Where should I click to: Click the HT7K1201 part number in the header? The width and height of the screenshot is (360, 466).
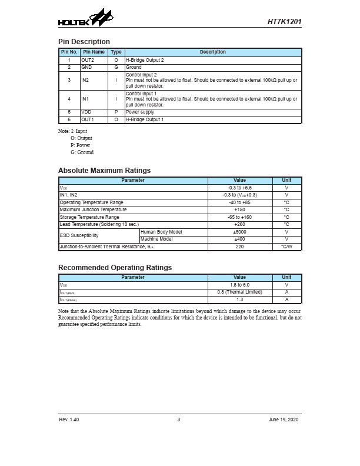click(x=284, y=21)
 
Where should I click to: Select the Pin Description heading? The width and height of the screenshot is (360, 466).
click(x=84, y=42)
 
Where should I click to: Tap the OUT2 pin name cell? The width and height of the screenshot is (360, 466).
click(x=88, y=60)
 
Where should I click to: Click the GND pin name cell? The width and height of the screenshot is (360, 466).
click(x=86, y=68)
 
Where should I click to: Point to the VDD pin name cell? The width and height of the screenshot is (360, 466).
click(x=86, y=112)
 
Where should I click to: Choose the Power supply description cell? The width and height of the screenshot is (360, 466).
click(x=140, y=112)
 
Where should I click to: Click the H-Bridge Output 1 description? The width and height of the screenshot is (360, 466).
click(x=145, y=119)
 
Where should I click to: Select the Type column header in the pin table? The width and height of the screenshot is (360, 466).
click(x=116, y=52)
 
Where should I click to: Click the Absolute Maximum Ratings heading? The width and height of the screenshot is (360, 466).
click(x=104, y=171)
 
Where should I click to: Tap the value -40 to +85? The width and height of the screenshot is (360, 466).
click(x=239, y=202)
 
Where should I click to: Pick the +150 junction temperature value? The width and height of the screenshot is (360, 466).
click(x=239, y=210)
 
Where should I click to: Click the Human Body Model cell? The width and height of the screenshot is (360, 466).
click(x=161, y=232)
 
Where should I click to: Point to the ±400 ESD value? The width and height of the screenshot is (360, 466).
click(x=239, y=239)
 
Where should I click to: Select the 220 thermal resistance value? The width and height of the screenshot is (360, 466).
click(x=239, y=247)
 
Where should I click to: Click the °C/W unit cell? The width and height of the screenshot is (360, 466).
click(x=286, y=247)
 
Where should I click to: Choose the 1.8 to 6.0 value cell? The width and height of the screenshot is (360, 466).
click(x=239, y=285)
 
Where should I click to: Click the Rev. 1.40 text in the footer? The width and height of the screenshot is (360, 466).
click(x=69, y=420)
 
